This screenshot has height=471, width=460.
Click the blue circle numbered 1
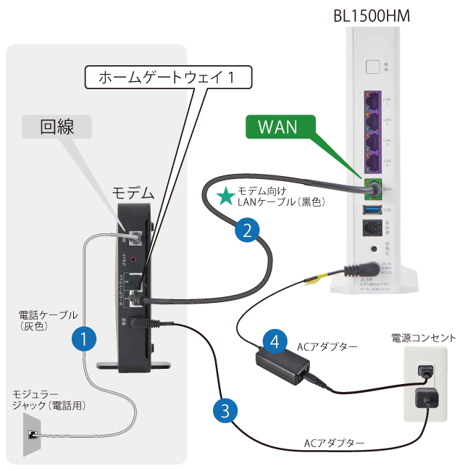pyautogui.click(x=85, y=338)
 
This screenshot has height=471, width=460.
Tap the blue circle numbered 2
pyautogui.click(x=247, y=231)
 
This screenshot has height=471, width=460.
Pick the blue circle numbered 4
pyautogui.click(x=273, y=341)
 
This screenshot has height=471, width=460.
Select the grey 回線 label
pyautogui.click(x=57, y=128)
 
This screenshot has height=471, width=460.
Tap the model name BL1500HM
pyautogui.click(x=371, y=14)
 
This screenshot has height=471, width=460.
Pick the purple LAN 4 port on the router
pyautogui.click(x=372, y=161)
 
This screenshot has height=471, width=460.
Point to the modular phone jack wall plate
pyautogui.click(x=32, y=434)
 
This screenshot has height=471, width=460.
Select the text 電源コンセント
pyautogui.click(x=423, y=338)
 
